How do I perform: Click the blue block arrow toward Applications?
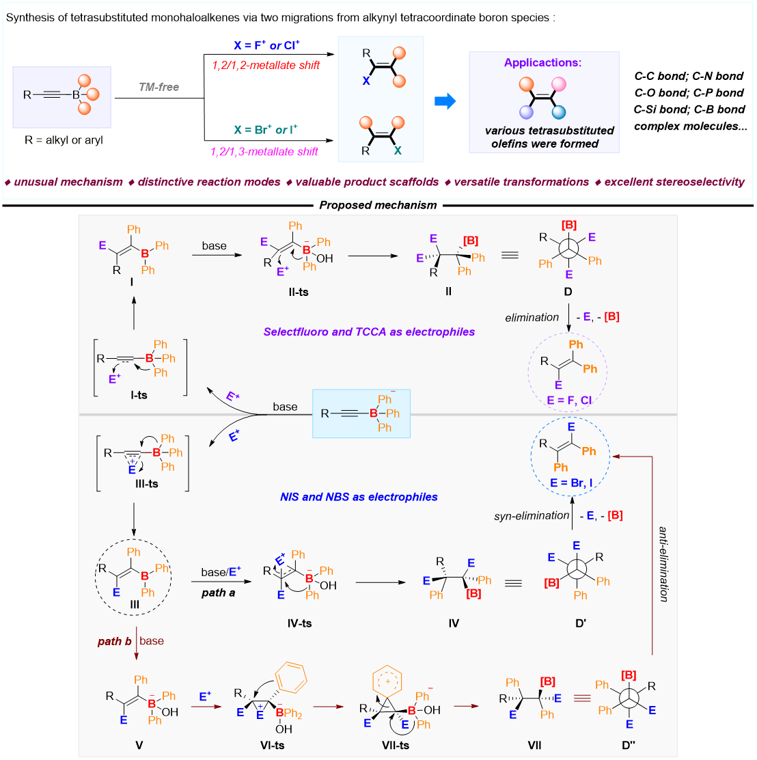coord(445,102)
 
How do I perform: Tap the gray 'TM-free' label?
coord(159,87)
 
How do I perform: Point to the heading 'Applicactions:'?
coord(543,63)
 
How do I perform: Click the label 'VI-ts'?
coord(271,745)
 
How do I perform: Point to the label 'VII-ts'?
coord(396,745)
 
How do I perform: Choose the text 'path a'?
coord(218,593)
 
